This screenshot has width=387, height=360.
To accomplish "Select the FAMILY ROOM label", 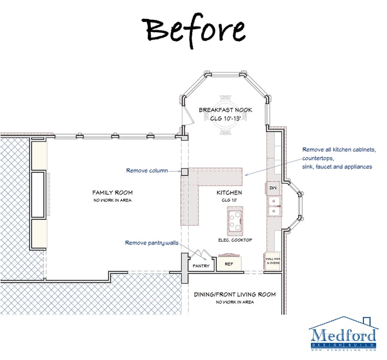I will click(x=112, y=193).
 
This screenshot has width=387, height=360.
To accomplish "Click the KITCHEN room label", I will click(x=229, y=193).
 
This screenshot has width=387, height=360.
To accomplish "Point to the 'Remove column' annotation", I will click(x=146, y=171).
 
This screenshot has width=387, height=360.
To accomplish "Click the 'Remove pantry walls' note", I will click(x=151, y=243).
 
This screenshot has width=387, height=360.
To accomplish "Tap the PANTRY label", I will click(x=201, y=266).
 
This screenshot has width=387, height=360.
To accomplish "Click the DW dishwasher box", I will click(x=272, y=188).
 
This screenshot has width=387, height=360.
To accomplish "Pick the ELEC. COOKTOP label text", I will click(x=235, y=240).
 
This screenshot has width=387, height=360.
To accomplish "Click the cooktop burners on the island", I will click(x=235, y=220).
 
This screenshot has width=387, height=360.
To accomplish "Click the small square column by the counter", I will click(x=185, y=172).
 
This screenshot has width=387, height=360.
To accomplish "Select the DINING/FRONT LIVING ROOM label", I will click(x=235, y=294).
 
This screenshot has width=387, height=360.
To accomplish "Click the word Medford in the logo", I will click(x=343, y=335).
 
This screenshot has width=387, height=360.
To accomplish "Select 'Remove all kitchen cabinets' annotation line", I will click(x=339, y=150).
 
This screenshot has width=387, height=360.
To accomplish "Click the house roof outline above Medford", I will click(x=344, y=322).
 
